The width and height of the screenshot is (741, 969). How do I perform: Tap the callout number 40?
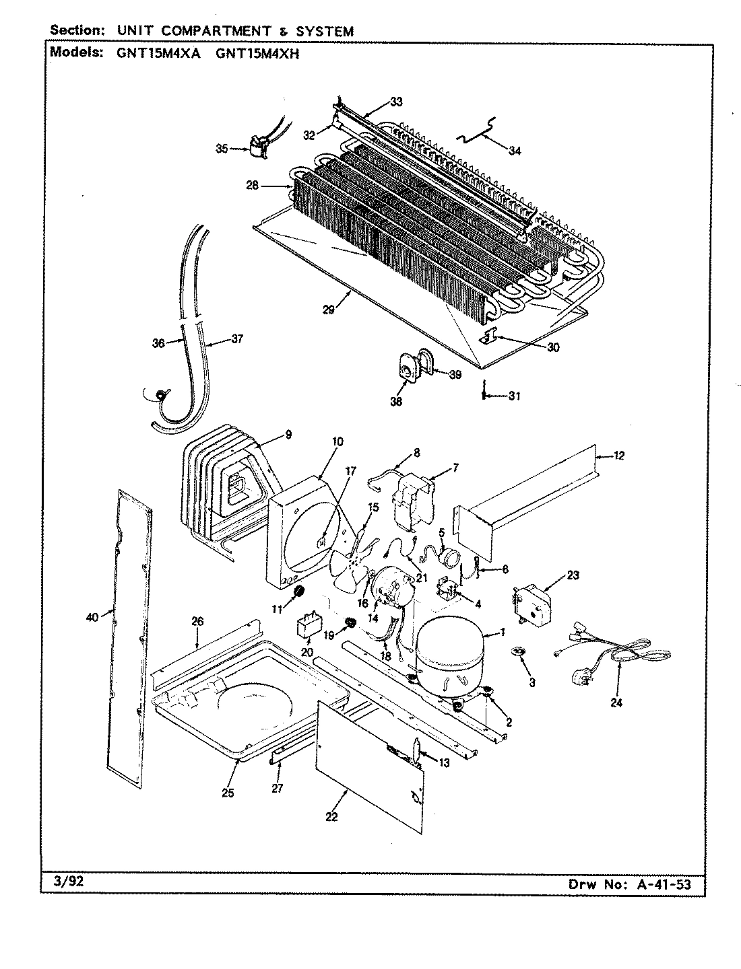click(x=92, y=616)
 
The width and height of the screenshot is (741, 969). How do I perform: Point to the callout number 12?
click(x=619, y=456)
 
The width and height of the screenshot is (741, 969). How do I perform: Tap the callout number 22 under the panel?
click(x=331, y=817)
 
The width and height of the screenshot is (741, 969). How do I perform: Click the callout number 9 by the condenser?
click(x=288, y=435)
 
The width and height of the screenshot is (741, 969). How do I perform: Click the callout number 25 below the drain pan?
click(x=228, y=793)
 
